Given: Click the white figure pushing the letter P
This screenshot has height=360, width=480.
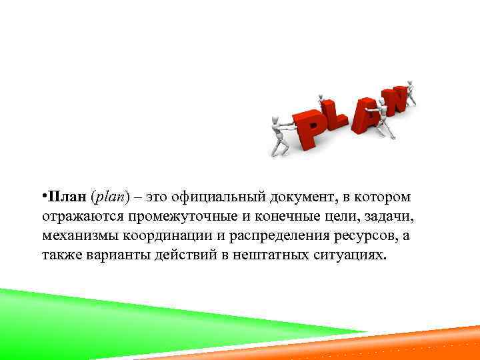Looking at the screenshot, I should click(278, 134).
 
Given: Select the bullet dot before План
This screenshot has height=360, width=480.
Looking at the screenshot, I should click(42, 196).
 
